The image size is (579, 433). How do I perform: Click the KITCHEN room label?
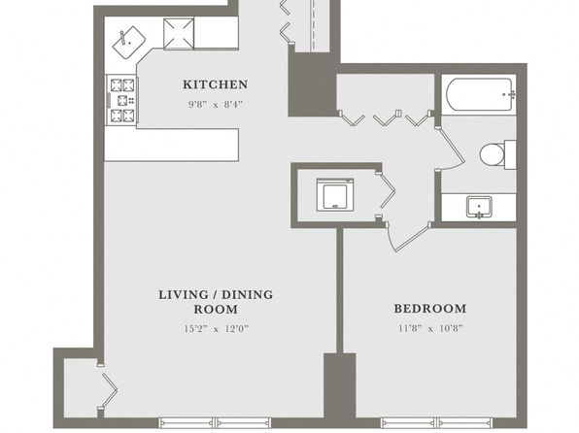(x=216, y=84)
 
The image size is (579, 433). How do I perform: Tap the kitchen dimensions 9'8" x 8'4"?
(x=216, y=105)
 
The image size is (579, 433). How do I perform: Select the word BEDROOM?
(x=430, y=308)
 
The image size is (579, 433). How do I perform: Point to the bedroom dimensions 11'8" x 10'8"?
(x=430, y=328)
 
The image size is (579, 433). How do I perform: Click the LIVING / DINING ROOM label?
(x=216, y=302)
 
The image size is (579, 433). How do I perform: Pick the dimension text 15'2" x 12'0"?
(x=216, y=328)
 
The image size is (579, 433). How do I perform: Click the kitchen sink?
(x=129, y=43)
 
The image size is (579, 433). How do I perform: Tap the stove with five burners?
(x=122, y=100)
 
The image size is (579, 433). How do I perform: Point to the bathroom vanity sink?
(x=479, y=207)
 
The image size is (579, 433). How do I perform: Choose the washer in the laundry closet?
(x=335, y=195)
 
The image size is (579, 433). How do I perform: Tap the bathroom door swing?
(x=452, y=148)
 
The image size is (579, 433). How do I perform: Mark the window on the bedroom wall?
(x=436, y=422)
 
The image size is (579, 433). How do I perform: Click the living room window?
(x=215, y=422)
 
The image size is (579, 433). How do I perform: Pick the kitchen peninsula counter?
(x=171, y=145)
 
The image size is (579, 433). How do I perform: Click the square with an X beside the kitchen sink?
(x=179, y=34)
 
